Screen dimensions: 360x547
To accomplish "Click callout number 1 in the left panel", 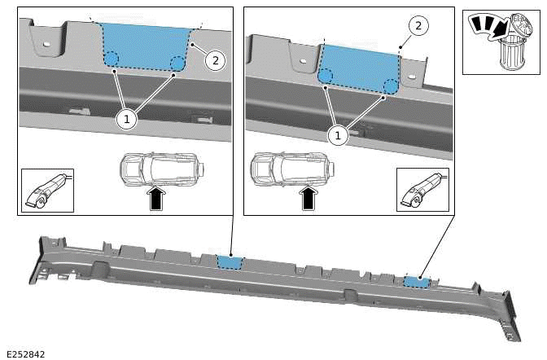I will [x=126, y=119].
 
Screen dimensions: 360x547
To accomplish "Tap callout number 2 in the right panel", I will [x=418, y=26].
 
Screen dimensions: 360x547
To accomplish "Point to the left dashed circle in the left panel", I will [x=112, y=59].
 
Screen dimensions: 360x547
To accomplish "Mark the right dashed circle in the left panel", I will [x=177, y=62].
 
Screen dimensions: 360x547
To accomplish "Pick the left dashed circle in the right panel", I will [x=325, y=77].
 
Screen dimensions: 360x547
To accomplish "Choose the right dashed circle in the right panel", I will [x=390, y=86].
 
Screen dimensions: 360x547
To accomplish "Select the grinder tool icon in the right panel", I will [x=422, y=190].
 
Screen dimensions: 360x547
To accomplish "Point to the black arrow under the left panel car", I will [x=157, y=199].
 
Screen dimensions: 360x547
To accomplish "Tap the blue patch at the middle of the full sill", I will [x=230, y=261].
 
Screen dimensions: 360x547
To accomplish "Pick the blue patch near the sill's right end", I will [x=417, y=282].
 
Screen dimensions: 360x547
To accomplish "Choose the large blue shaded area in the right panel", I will [x=359, y=65].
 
